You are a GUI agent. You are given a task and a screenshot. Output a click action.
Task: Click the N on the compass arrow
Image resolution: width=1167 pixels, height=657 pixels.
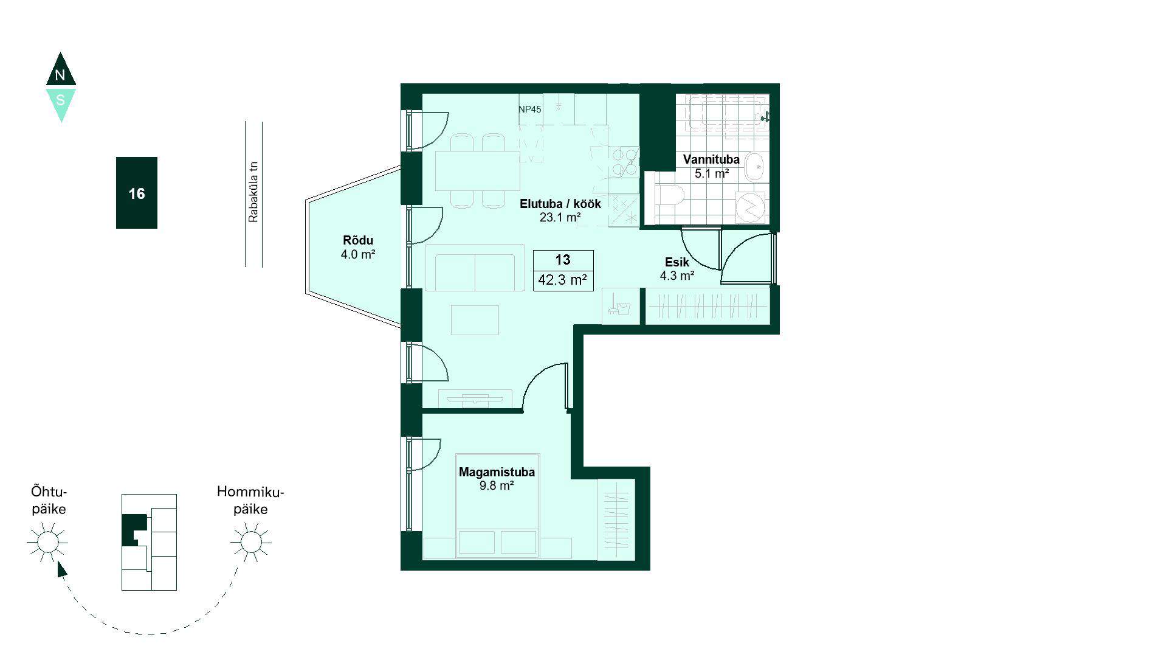pos(60,75)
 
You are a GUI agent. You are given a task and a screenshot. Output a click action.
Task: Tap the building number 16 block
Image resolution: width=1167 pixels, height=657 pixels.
pos(137,193)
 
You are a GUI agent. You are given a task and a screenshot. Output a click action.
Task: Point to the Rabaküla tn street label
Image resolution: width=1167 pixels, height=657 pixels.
pos(253,192)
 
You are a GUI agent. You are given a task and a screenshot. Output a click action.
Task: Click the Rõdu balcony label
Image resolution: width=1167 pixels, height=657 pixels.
pos(358,240)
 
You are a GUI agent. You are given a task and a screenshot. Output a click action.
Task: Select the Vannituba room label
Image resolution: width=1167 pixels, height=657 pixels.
pos(711,159)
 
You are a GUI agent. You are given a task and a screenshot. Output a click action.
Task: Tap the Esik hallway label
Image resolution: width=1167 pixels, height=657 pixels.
pos(676,262)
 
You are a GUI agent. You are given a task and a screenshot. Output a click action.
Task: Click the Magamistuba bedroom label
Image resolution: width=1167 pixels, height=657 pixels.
pos(497,472)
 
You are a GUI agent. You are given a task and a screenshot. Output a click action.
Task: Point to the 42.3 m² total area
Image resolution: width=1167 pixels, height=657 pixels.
pos(562,280)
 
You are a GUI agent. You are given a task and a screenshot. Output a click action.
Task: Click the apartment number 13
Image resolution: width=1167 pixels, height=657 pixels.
pos(563,260)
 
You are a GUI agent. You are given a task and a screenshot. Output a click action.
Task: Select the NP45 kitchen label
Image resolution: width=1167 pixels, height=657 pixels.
pos(530,109)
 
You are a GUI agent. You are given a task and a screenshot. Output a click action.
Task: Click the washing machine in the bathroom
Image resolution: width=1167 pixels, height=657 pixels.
pos(752,207)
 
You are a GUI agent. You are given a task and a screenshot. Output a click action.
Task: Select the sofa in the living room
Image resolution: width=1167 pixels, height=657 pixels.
pos(475,268)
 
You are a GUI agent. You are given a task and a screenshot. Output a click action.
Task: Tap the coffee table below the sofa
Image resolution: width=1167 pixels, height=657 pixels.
pos(475,320)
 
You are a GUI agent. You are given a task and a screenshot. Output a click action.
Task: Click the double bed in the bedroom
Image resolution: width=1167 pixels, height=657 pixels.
pos(498,506)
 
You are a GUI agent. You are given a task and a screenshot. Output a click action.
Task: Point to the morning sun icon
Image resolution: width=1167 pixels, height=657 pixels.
pos(250,541)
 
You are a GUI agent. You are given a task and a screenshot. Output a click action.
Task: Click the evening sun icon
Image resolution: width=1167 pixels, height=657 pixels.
pos(47,541)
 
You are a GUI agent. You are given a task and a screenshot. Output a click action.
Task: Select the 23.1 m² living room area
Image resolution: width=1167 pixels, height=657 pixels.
pos(560,217)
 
